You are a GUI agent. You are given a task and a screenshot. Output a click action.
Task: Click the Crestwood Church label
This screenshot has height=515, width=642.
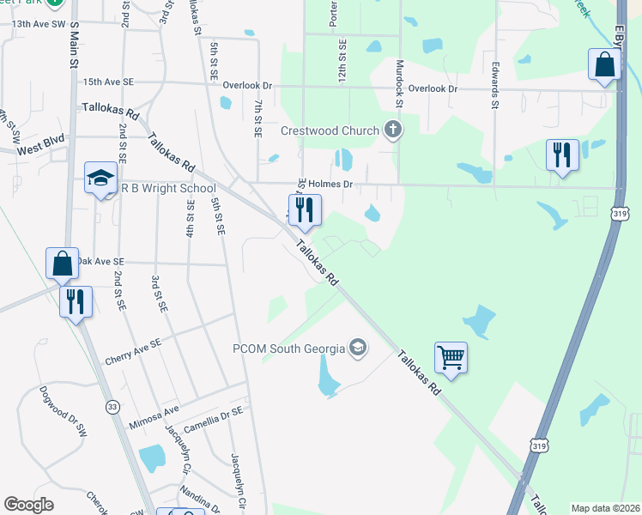tap(330, 130)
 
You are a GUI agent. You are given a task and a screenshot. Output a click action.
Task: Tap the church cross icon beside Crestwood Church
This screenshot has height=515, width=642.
tap(393, 130)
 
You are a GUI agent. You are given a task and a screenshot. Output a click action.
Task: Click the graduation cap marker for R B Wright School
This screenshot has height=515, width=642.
tap(100, 179)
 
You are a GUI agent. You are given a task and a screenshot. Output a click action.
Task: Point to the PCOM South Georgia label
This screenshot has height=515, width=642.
tap(288, 348)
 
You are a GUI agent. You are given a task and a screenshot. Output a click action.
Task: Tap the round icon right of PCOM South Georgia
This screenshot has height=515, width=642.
tap(358, 348)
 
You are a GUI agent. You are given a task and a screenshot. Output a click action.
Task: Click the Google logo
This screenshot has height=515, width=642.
tap(28, 505)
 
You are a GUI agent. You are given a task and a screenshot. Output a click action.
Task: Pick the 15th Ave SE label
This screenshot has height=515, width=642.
tap(109, 82)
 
